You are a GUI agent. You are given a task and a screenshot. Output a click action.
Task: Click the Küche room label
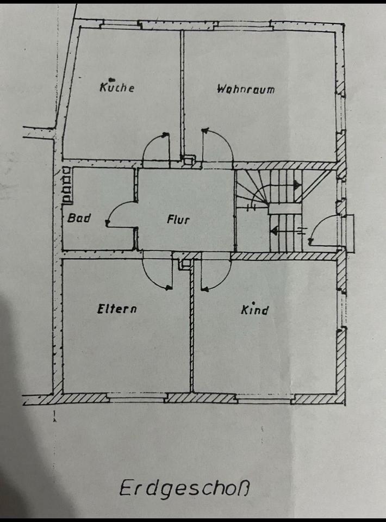(117, 87)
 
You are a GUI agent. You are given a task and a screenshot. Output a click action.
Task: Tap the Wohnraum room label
(246, 89)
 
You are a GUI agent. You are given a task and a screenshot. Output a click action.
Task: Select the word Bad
(79, 219)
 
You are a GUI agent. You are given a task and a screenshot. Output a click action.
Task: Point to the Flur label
(178, 220)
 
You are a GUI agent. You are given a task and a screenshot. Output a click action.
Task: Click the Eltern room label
(117, 309)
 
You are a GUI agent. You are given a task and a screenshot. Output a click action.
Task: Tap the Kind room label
(254, 310)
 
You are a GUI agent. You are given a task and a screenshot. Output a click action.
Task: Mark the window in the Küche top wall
(120, 24)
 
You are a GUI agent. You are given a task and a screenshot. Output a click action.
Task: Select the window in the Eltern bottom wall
(136, 399)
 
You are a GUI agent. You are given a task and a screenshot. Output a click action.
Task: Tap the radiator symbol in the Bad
(67, 185)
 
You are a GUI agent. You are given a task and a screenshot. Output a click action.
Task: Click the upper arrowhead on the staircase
(297, 185)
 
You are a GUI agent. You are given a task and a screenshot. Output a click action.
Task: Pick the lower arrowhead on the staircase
(274, 231)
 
